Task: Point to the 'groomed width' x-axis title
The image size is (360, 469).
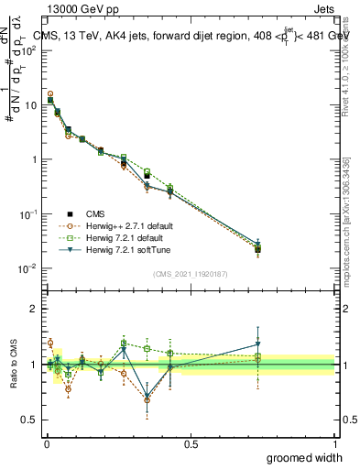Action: [305, 457]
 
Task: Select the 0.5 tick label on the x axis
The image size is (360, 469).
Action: [191, 443]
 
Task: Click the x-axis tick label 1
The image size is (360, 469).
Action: [334, 443]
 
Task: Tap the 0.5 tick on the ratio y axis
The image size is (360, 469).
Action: [30, 420]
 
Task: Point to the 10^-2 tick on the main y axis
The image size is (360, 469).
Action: [27, 268]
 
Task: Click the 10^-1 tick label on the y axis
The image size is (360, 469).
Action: [27, 213]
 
